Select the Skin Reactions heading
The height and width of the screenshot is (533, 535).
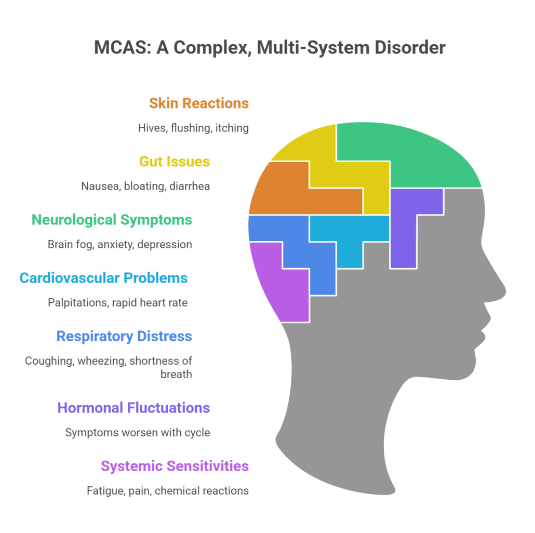pyautogui.click(x=198, y=103)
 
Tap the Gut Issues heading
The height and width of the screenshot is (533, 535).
pyautogui.click(x=174, y=161)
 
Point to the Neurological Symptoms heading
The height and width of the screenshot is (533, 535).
pyautogui.click(x=112, y=219)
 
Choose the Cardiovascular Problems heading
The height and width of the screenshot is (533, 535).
pyautogui.click(x=103, y=277)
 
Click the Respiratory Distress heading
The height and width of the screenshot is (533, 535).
pyautogui.click(x=124, y=336)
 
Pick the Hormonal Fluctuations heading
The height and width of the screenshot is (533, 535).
pyautogui.click(x=133, y=407)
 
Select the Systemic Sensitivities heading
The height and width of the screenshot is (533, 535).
pyautogui.click(x=175, y=465)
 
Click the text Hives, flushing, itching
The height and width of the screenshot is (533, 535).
pyautogui.click(x=193, y=128)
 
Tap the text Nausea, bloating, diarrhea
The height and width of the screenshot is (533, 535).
pyautogui.click(x=145, y=186)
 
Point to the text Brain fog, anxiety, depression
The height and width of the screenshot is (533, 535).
pyautogui.click(x=120, y=244)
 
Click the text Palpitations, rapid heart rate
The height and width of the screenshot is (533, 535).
pyautogui.click(x=117, y=302)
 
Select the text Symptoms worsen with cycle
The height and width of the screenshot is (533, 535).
pyautogui.click(x=138, y=432)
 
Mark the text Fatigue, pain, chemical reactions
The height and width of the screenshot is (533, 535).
pyautogui.click(x=168, y=490)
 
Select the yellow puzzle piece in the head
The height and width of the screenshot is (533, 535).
pyautogui.click(x=332, y=156)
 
